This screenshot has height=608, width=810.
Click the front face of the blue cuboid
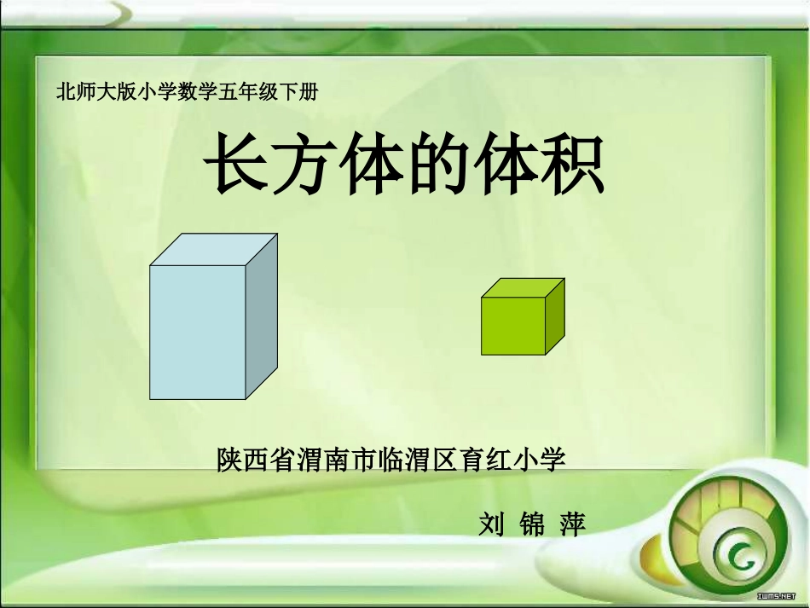pyautogui.click(x=198, y=333)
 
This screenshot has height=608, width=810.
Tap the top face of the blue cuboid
pyautogui.click(x=214, y=249)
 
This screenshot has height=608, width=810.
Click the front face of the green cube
pyautogui.click(x=513, y=326)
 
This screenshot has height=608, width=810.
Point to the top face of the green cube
pyautogui.click(x=523, y=287)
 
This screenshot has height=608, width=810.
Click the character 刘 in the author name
pyautogui.click(x=493, y=523)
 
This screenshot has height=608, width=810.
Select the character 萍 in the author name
pyautogui.click(x=572, y=523)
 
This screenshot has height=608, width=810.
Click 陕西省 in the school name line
pyautogui.click(x=253, y=460)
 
